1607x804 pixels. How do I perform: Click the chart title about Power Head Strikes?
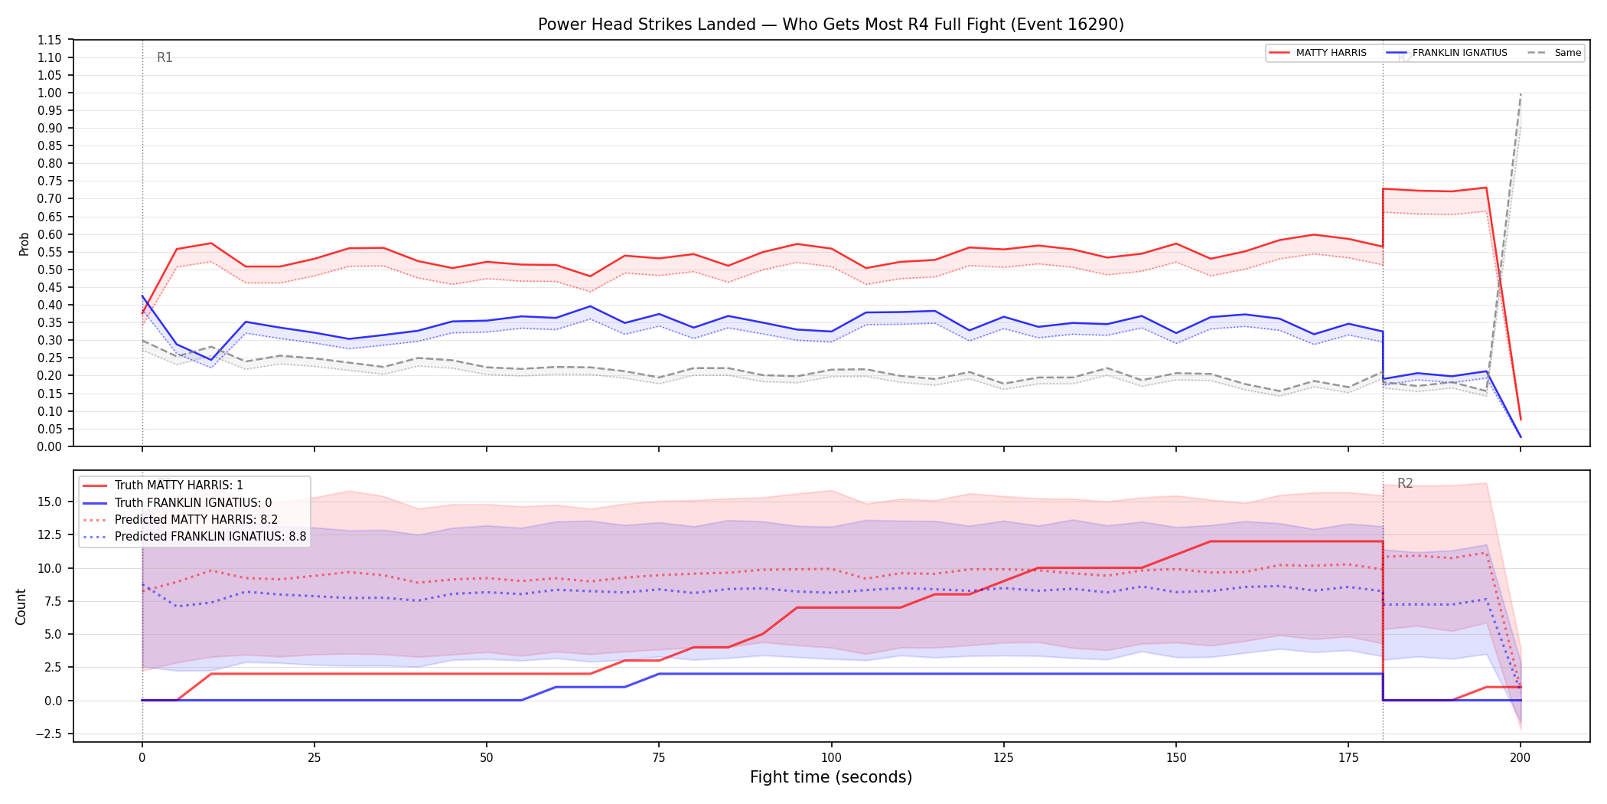[x=831, y=25]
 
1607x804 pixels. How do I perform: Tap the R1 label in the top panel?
[x=165, y=57]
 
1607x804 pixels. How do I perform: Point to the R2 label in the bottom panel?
[x=1405, y=483]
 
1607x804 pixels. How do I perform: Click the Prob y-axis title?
[x=24, y=243]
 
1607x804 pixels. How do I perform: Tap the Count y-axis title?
[x=21, y=606]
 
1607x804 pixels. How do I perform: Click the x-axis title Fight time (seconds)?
[x=831, y=777]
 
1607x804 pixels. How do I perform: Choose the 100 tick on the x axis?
[x=831, y=758]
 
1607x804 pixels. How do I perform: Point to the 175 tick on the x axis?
[x=1348, y=758]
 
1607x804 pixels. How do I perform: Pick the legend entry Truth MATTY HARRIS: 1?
[x=179, y=485]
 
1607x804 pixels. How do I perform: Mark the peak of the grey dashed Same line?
[x=1521, y=93]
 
